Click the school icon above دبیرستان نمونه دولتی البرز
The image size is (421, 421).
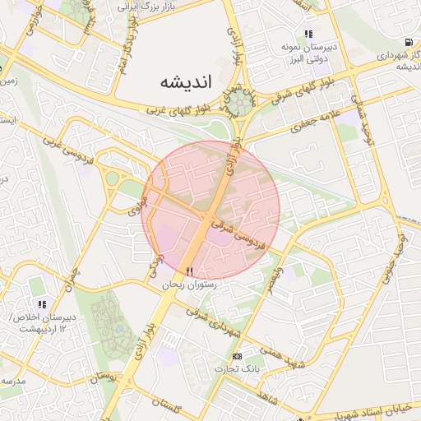pos(308,35)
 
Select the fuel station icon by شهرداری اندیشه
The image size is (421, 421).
pos(409,42)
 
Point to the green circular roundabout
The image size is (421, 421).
pos(240,103)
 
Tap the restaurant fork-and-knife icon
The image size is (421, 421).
pos(190,271)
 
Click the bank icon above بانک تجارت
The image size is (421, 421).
pos(238,355)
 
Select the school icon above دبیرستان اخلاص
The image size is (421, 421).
pos(40,303)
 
